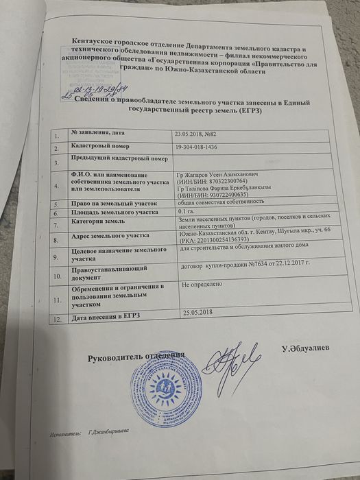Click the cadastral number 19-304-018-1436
[x=205, y=147]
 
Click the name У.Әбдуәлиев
[x=305, y=349]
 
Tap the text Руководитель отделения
[x=136, y=357]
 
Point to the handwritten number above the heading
[x=103, y=90]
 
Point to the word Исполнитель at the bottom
[x=65, y=433]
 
